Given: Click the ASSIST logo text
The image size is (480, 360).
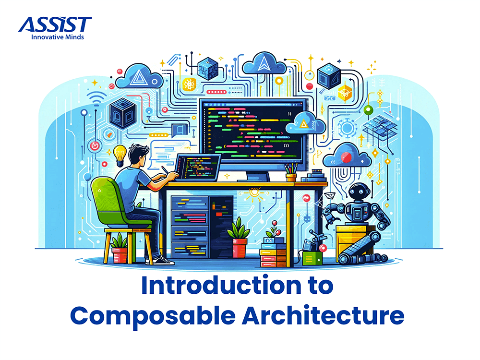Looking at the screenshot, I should (x=55, y=24).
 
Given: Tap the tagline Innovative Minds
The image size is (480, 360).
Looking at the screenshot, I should (x=58, y=36).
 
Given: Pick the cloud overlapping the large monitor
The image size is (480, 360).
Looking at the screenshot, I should (x=303, y=124).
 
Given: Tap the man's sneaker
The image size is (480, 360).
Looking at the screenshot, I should (x=164, y=260).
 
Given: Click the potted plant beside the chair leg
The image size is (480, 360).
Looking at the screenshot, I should (x=120, y=249).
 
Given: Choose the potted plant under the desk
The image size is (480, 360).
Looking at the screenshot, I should (x=239, y=239).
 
